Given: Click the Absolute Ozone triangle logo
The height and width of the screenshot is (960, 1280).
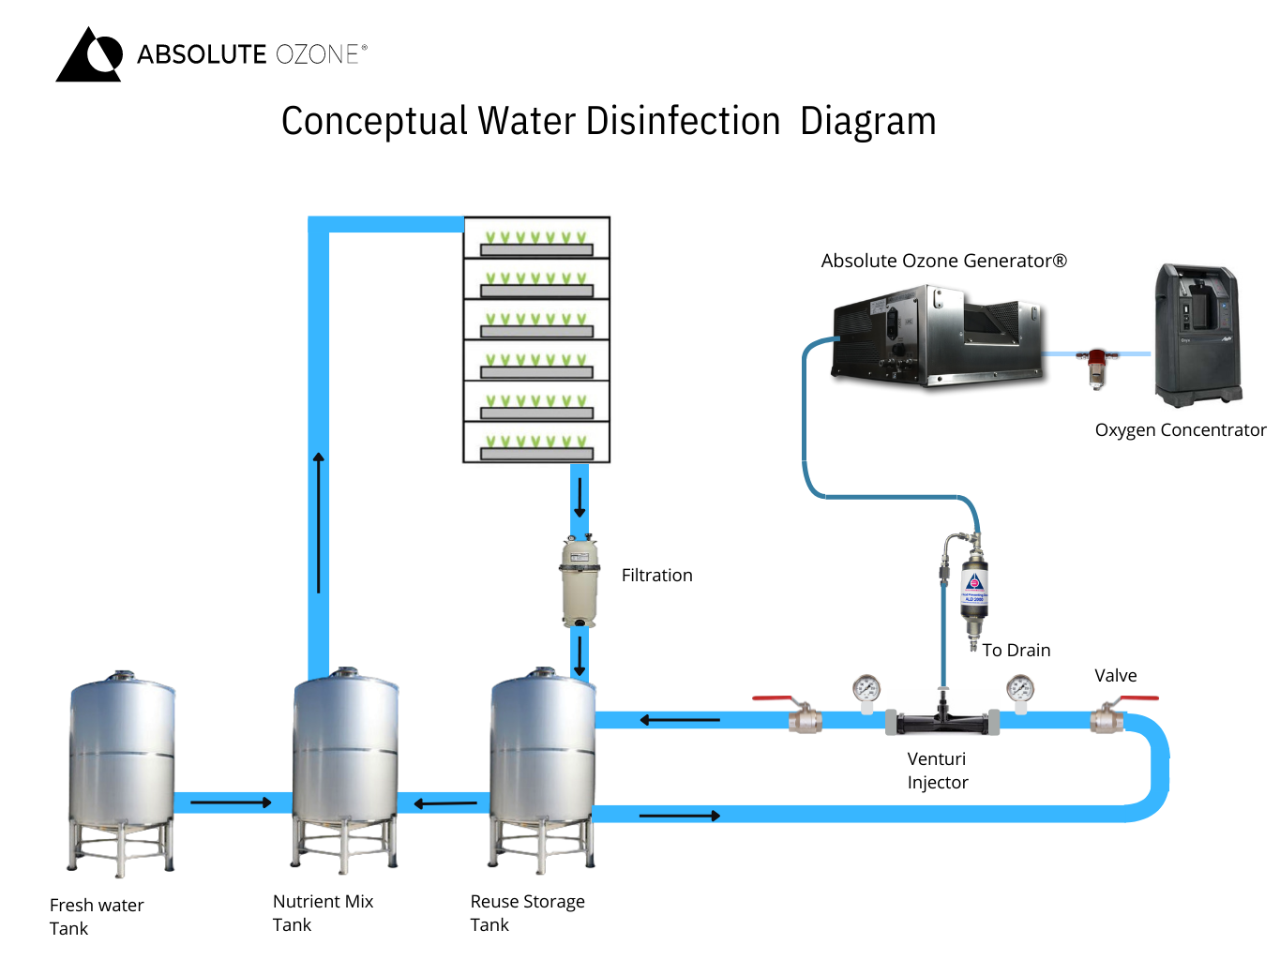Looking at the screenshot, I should (90, 55).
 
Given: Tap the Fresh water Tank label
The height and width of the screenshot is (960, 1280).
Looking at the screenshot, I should (96, 916).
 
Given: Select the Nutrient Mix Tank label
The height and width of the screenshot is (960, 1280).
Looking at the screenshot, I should (322, 912).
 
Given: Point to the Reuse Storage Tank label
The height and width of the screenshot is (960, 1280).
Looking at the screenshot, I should (526, 912).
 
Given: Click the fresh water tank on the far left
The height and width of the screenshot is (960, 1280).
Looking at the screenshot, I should (122, 769).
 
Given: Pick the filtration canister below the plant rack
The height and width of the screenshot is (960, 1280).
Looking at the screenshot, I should (580, 581).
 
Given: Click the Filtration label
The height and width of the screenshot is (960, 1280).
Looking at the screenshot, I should (656, 576).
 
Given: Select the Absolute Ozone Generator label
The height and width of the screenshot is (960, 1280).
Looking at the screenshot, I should (943, 262).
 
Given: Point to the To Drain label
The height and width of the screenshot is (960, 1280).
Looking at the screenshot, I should (1016, 651).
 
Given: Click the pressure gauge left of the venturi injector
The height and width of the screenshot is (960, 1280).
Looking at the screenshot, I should (866, 690).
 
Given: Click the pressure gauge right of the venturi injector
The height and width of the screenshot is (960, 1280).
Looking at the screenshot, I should (1019, 690).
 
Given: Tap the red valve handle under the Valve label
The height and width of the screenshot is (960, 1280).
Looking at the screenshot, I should (1138, 698).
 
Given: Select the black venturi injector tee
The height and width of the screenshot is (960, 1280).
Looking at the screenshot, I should (941, 722).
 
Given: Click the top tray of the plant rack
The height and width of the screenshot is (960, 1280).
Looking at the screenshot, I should (536, 238).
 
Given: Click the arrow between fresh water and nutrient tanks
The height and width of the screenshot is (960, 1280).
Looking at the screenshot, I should (231, 802).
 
